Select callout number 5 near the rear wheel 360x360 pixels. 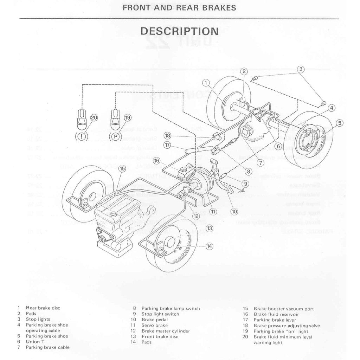pos(339,123)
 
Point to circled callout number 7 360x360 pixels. pos(260,163)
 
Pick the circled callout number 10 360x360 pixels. pos(234,212)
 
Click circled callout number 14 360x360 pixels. pos(210,246)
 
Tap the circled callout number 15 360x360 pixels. pos(122,169)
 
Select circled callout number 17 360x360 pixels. pos(167,144)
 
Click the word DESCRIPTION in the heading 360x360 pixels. pos(179,31)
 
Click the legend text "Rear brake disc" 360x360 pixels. pos(43,308)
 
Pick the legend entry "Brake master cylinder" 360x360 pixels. pos(166,331)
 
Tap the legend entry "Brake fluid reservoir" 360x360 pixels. pos(276,314)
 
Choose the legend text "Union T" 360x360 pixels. pos(34,342)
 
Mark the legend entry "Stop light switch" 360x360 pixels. pos(160,314)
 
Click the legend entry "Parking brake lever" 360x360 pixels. pos(275,320)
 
